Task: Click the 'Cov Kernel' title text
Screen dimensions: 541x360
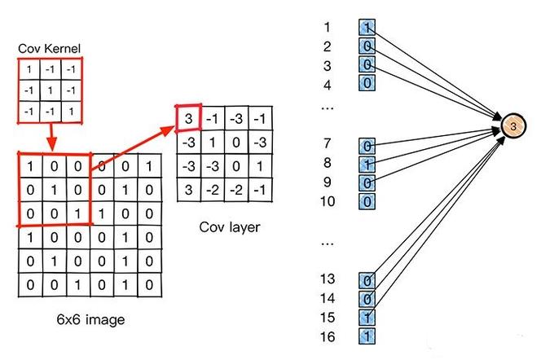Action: (x=50, y=49)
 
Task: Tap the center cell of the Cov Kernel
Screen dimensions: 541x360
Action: (x=51, y=90)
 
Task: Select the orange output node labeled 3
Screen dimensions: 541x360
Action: (x=513, y=126)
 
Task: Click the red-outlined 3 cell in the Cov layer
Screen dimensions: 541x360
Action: (x=188, y=118)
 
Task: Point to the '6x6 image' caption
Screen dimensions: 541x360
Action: (x=90, y=319)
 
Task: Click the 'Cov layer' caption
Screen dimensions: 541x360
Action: (x=230, y=227)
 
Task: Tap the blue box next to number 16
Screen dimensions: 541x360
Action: (x=367, y=336)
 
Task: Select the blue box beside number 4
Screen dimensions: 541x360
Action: (x=367, y=83)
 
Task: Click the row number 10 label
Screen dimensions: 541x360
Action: (x=328, y=201)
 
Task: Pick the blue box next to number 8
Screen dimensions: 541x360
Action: (x=367, y=165)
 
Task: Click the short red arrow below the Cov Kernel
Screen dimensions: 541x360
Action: (x=51, y=137)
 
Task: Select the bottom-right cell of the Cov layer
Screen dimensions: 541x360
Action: (x=260, y=190)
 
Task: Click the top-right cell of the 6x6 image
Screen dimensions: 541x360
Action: (x=149, y=166)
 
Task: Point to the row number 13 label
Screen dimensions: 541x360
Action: (x=328, y=279)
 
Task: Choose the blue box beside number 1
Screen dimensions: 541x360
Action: (x=367, y=27)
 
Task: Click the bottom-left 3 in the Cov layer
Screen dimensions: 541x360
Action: (x=188, y=190)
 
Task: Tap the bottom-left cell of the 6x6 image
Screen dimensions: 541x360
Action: (x=30, y=285)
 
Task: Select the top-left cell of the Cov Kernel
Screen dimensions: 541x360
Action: (x=29, y=70)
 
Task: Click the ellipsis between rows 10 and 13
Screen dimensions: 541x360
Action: (x=328, y=244)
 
